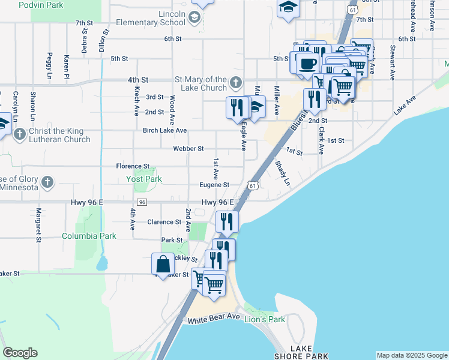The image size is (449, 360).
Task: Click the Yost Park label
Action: [145, 179]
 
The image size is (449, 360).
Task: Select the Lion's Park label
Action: [265, 319]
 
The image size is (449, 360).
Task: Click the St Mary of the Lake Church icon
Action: [236, 82]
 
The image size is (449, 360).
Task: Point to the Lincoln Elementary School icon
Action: [194, 19]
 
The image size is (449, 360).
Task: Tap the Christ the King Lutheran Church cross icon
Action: [20, 133]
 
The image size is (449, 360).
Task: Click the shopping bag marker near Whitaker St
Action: [163, 263]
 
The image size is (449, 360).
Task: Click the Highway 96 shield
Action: [142, 203]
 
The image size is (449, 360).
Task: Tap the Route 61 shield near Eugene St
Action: [253, 186]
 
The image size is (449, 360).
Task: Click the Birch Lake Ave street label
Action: [164, 130]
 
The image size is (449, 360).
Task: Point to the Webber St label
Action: [188, 148]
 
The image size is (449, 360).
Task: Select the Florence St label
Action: [133, 166]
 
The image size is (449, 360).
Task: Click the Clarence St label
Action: [164, 222]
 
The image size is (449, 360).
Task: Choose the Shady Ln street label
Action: [282, 173]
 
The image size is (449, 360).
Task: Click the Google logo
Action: [20, 353]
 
